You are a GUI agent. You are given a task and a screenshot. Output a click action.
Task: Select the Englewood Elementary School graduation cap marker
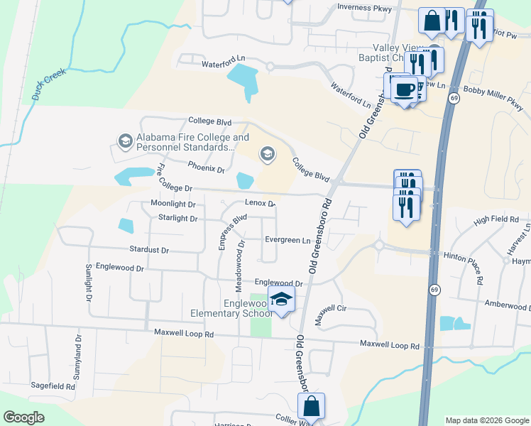coord(281,301)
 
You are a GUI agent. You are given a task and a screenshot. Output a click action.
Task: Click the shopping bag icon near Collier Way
coord(311,407)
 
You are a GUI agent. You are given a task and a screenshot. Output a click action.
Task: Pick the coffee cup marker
coord(404,90)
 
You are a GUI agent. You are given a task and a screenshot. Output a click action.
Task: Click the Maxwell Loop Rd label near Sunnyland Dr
coord(184,333)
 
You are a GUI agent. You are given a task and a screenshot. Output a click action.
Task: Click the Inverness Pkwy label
coord(364,8)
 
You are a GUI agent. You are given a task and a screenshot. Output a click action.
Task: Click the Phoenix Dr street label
coord(206,169)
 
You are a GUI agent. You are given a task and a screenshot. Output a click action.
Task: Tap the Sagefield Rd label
coord(53,386)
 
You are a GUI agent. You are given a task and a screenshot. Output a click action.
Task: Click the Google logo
coord(24,417)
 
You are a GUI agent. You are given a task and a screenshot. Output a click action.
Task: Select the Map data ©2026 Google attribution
coord(486,420)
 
